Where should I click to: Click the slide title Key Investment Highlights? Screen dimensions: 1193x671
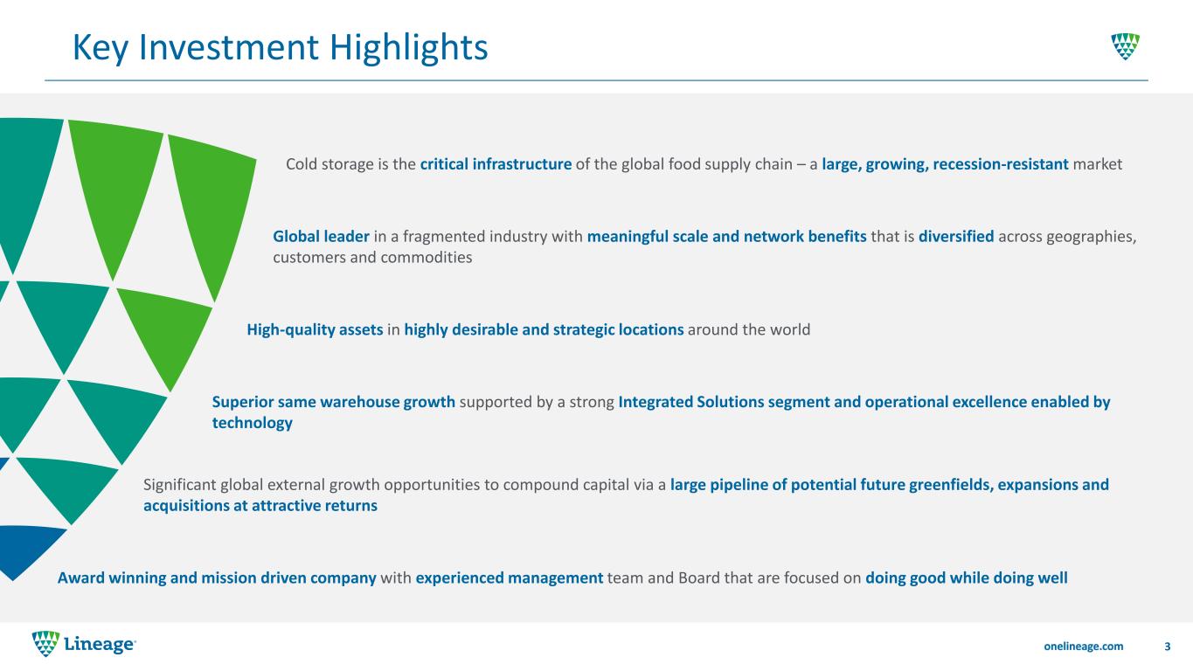281,47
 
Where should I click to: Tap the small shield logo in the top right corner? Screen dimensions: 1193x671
1126,46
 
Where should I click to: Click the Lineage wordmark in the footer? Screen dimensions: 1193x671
101,645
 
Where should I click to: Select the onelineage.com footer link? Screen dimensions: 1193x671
1083,647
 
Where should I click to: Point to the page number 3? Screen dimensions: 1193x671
1168,647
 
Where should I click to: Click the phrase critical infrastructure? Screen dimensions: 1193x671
496,164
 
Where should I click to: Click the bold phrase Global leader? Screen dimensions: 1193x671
321,237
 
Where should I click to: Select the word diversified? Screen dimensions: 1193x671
956,237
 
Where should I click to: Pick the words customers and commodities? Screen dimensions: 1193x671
372,258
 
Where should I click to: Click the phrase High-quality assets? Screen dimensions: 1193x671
315,330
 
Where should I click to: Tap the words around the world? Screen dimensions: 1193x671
749,329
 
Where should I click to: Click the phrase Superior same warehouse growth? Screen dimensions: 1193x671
333,402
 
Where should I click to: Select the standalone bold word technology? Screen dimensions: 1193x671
253,423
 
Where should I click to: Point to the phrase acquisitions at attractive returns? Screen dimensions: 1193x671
260,505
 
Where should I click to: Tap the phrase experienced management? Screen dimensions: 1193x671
510,578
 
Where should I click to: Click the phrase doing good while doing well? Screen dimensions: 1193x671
966,578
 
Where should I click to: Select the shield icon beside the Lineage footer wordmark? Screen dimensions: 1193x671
45,644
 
